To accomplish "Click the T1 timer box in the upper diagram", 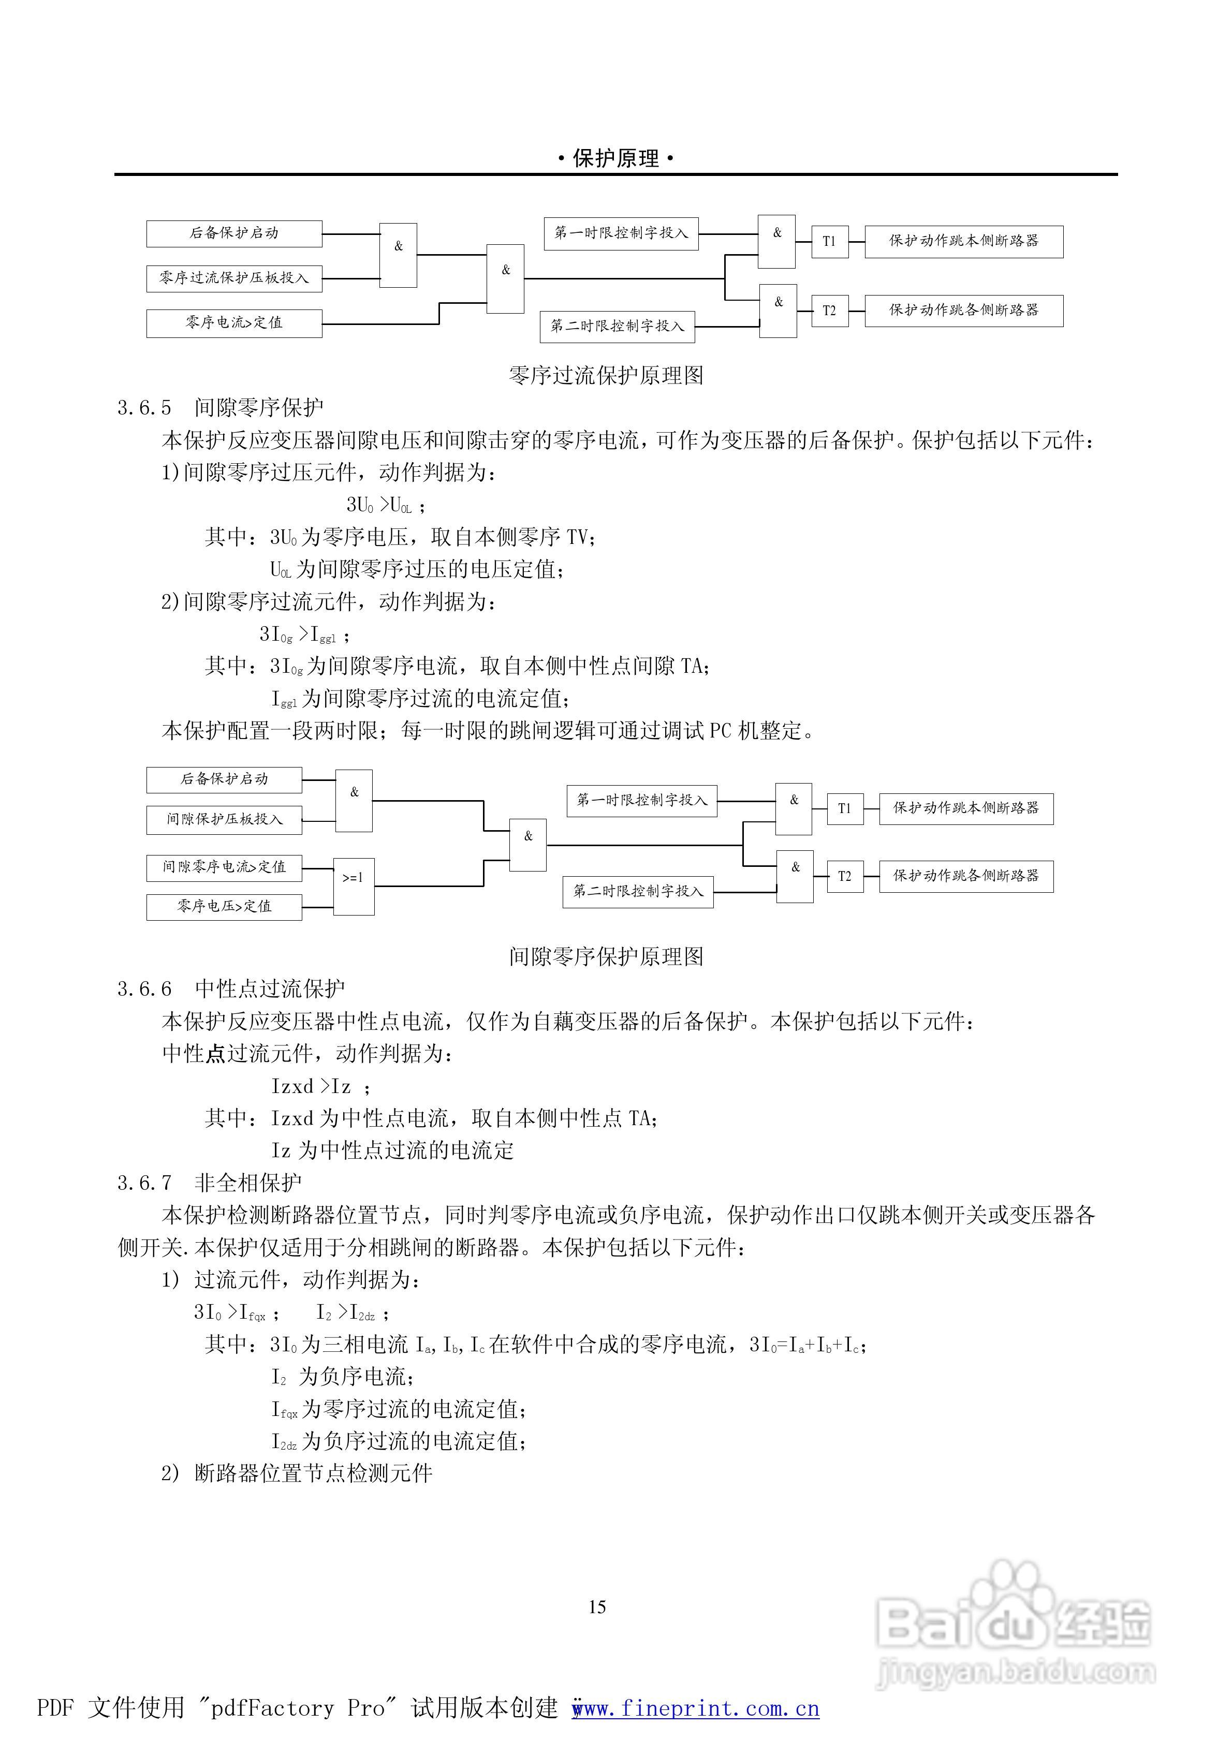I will point(829,242).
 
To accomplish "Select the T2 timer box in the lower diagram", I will point(844,877).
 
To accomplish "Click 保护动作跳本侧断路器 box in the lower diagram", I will point(966,808).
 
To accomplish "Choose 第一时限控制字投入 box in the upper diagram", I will point(621,233).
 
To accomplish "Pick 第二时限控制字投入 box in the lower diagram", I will point(637,892).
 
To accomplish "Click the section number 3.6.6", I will point(144,990).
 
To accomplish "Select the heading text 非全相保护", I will point(248,1183).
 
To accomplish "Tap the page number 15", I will point(597,1607).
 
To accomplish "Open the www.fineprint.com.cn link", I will point(696,1708).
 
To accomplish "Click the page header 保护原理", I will point(615,158).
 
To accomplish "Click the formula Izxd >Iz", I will point(311,1087).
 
